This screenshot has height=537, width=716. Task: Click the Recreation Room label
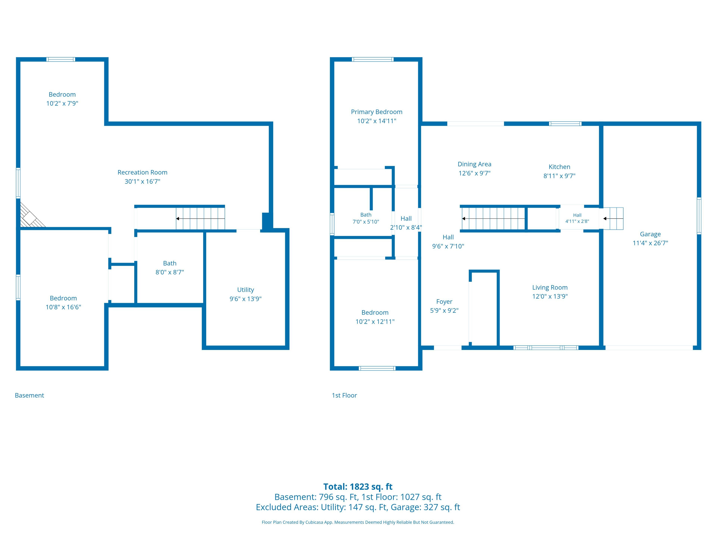click(142, 172)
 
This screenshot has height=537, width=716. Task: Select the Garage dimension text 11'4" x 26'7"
click(650, 243)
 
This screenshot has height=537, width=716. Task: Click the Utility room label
click(245, 290)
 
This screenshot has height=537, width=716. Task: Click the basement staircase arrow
click(200, 219)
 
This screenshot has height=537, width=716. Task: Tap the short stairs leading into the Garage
click(611, 219)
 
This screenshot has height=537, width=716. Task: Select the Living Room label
click(550, 288)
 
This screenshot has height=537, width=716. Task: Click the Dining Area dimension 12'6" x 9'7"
click(474, 173)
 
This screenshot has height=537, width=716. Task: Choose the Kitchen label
click(559, 167)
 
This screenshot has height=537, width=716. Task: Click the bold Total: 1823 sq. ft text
click(358, 486)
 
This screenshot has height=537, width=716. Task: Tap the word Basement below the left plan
click(29, 395)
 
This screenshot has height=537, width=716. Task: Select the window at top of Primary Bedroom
click(373, 59)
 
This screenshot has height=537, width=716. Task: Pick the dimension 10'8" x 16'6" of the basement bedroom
click(63, 307)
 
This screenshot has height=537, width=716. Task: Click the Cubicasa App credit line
click(358, 522)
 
